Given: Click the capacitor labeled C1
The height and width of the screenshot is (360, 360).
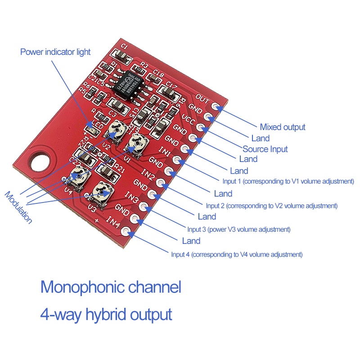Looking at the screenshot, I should tap(121, 55).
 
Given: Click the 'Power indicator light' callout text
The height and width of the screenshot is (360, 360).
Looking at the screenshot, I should tap(55, 52).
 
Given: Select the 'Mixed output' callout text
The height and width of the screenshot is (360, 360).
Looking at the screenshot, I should tap(282, 127).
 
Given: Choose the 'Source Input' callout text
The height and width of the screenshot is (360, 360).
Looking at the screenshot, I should tap(265, 149).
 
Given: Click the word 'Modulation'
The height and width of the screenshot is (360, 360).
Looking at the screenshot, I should tap(18, 207).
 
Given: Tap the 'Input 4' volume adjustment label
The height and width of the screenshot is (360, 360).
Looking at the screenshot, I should tap(236, 254).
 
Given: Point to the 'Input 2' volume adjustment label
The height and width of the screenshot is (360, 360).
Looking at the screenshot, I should tap(271, 206).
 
